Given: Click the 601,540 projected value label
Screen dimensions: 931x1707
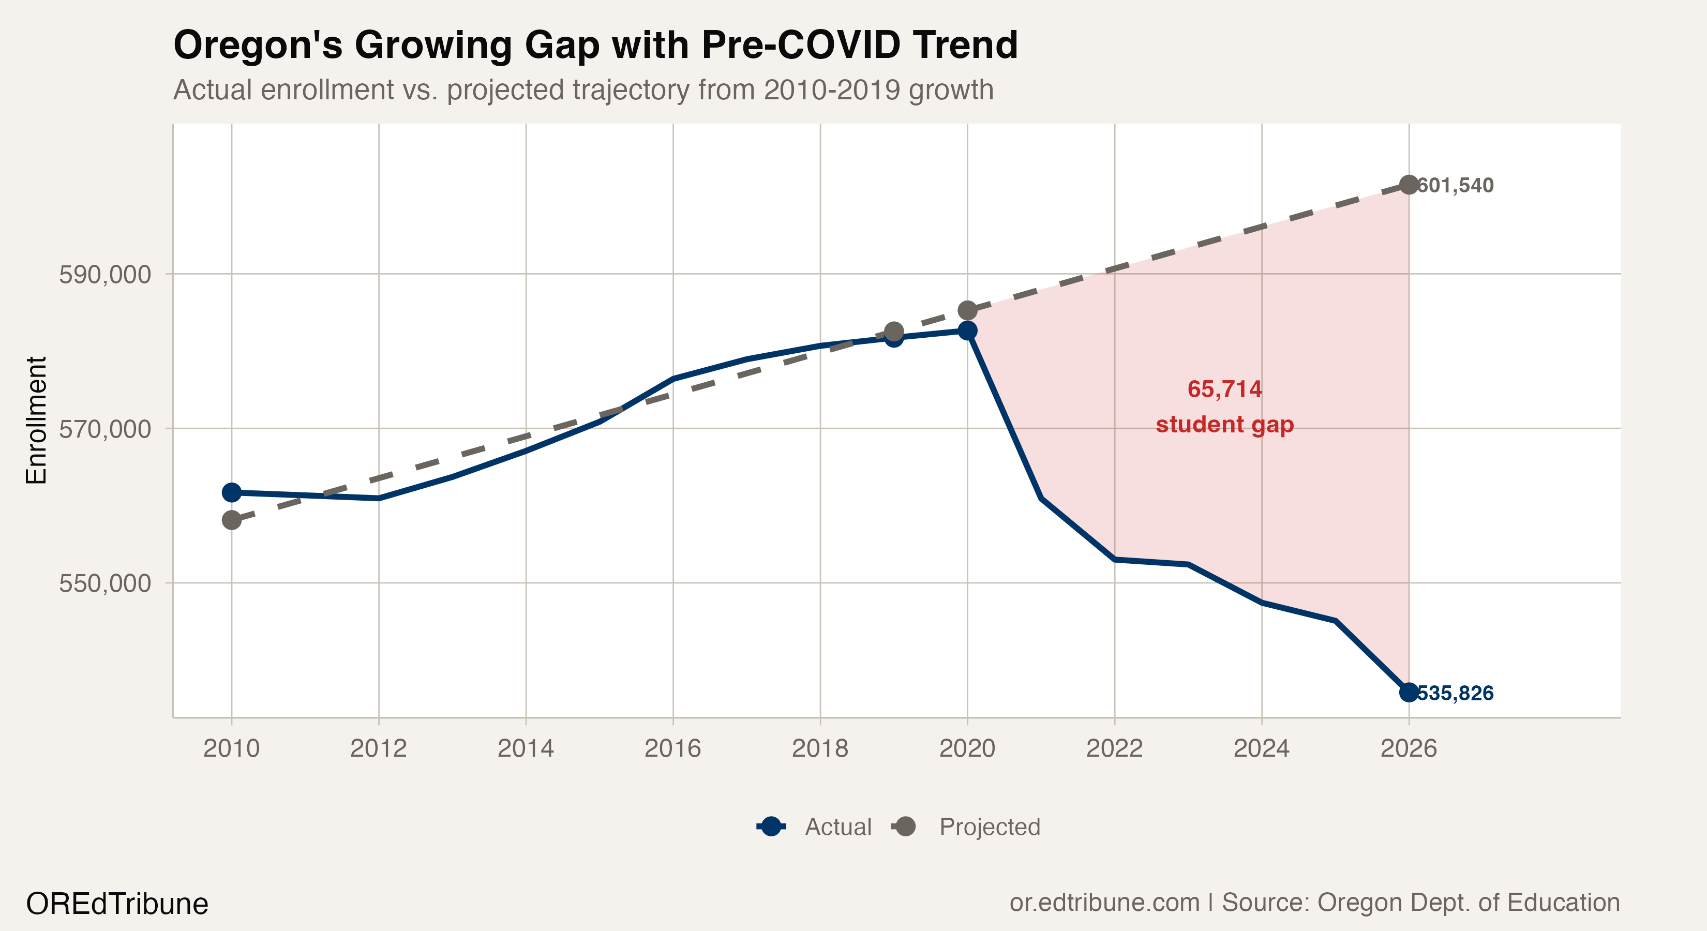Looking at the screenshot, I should click(1455, 186).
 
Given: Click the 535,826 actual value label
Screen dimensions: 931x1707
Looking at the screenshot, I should click(1455, 693).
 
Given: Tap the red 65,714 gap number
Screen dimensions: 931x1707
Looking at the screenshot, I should click(1224, 389).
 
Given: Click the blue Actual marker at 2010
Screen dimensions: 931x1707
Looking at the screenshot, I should click(231, 492).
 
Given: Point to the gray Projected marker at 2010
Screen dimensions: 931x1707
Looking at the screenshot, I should click(231, 520).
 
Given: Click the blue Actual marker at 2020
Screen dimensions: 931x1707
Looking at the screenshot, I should click(967, 330).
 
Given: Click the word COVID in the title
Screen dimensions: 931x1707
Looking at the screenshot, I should click(839, 45).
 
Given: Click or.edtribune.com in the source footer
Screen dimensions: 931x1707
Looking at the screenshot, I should click(1104, 903).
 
